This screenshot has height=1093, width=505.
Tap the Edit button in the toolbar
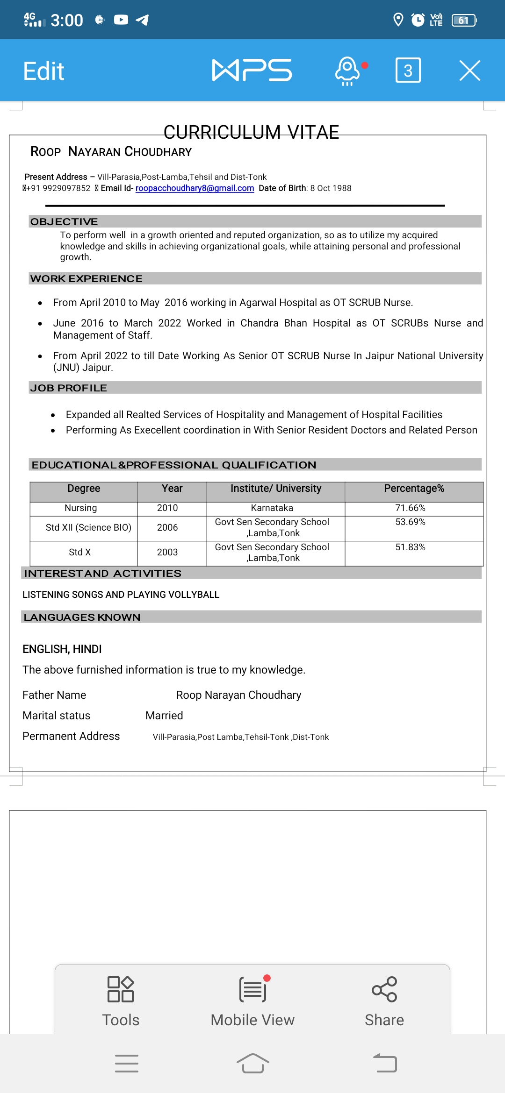tap(43, 71)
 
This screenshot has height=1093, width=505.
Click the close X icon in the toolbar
tap(469, 71)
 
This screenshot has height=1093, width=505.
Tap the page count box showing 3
tap(408, 71)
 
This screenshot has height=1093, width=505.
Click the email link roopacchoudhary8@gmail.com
tap(195, 188)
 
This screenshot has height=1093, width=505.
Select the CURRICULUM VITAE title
tap(251, 132)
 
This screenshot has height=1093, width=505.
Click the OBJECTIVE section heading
tap(64, 221)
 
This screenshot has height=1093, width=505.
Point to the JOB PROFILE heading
tap(69, 388)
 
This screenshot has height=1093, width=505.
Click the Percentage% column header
tap(414, 489)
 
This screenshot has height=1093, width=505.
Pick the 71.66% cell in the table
tap(410, 508)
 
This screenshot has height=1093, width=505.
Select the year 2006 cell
tap(167, 528)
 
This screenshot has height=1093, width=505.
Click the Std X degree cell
tap(80, 553)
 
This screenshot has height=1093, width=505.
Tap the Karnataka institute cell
tap(272, 508)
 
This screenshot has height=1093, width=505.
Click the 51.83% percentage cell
tap(410, 547)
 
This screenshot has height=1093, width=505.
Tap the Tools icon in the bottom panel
tap(121, 990)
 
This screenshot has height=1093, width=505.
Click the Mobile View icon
tap(253, 990)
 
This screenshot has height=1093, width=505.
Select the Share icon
tap(384, 990)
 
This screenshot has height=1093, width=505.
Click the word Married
tap(164, 716)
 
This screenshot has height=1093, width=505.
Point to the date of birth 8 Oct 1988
tap(331, 188)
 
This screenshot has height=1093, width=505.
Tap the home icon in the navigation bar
tap(252, 1064)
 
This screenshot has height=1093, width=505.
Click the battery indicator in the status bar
tap(463, 20)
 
